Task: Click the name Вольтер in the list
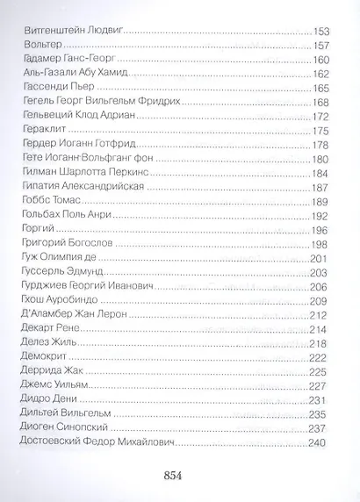[36, 46]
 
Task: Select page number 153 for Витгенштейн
[323, 30]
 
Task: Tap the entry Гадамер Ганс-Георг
[63, 62]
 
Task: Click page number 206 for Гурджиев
[323, 287]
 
